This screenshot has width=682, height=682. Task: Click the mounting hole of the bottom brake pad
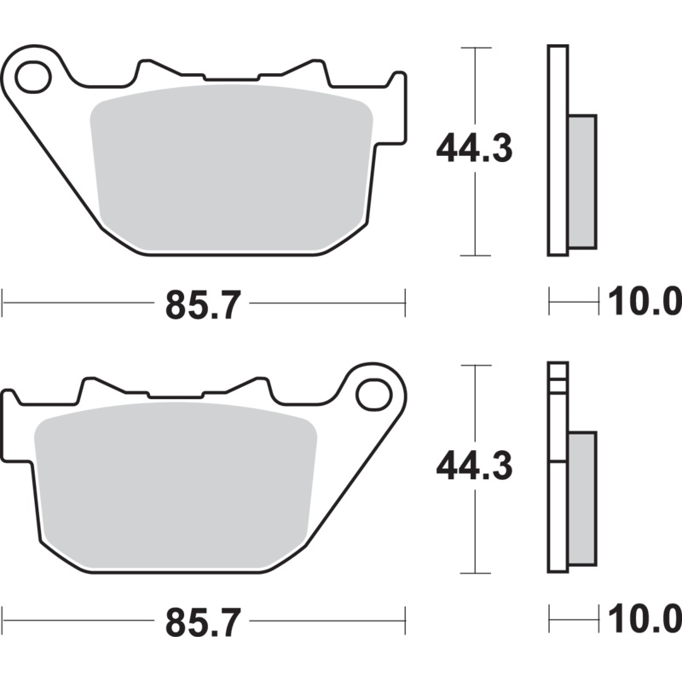[x=373, y=396]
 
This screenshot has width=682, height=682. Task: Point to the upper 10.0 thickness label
[x=644, y=302]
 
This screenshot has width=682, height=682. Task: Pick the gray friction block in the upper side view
[x=581, y=182]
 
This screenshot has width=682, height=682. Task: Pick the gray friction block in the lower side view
[x=581, y=500]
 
